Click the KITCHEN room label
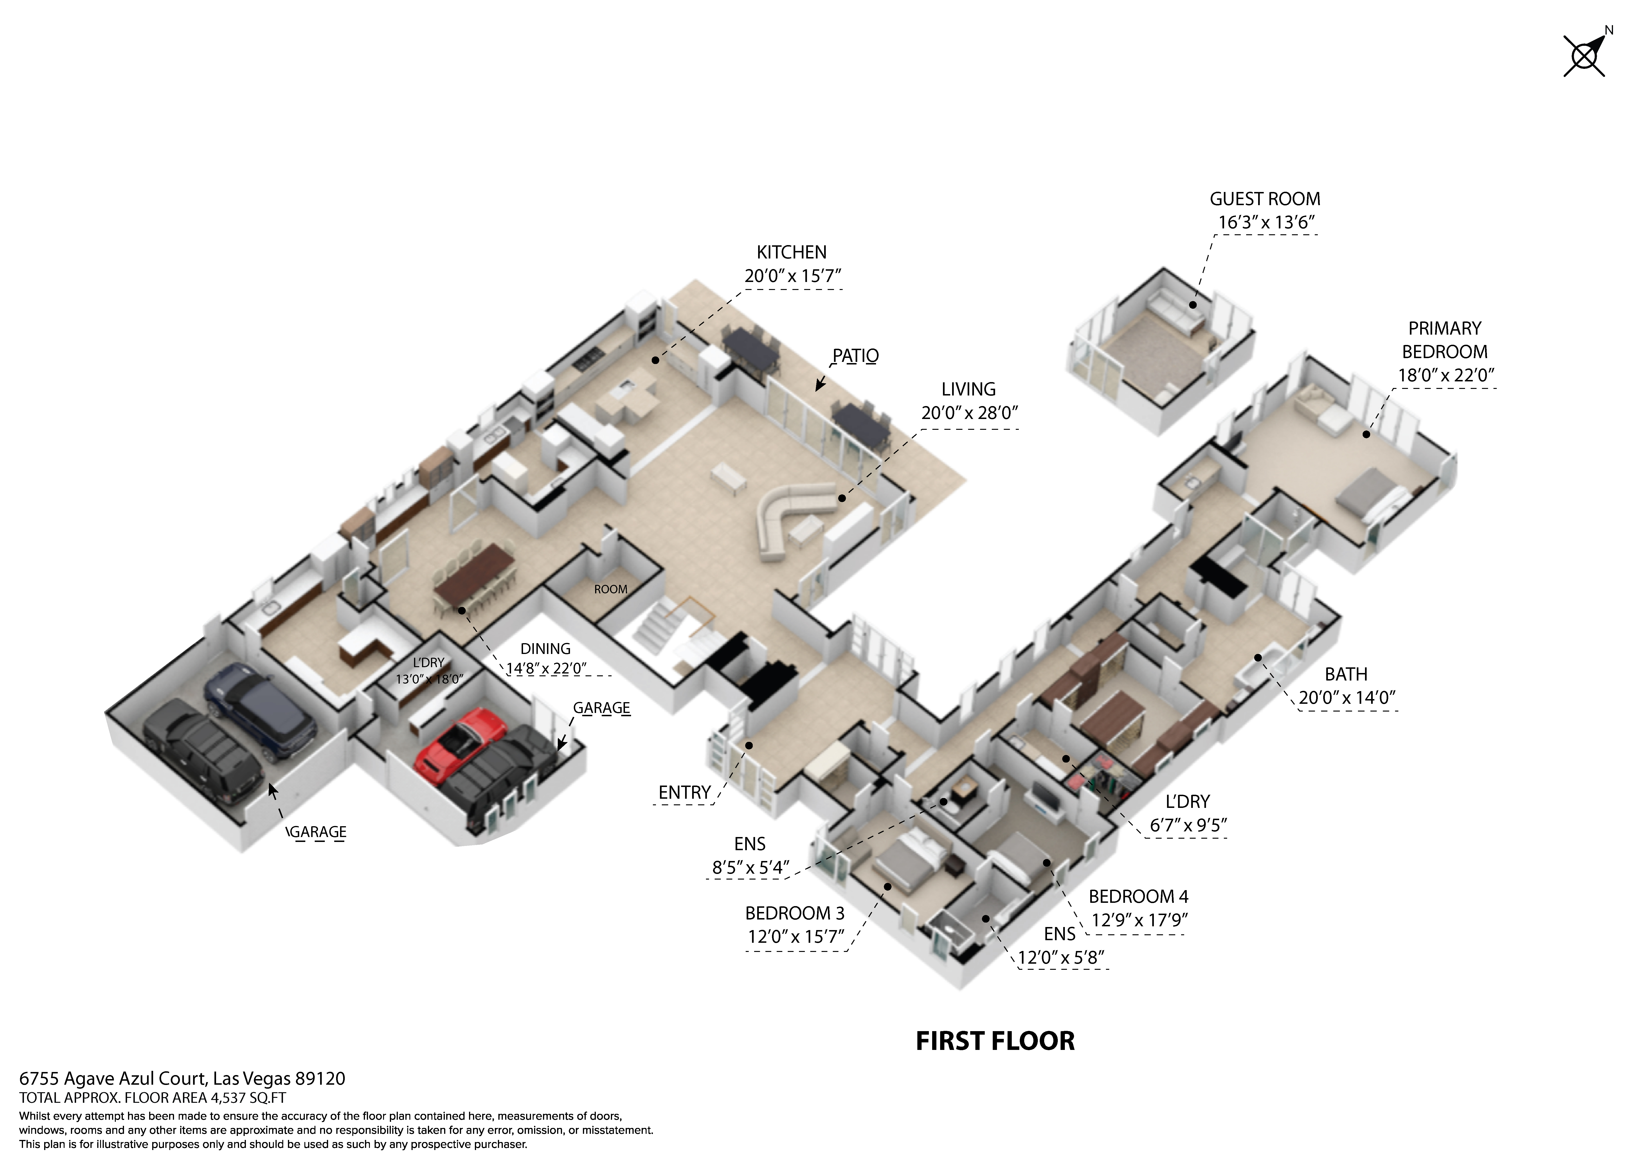[x=791, y=252]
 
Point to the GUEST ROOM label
[x=1265, y=199]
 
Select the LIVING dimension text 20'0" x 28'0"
[x=969, y=413]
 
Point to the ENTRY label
[x=684, y=793]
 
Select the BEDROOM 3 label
[x=794, y=913]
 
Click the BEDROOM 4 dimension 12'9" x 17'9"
[x=1139, y=920]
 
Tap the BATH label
[x=1346, y=674]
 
